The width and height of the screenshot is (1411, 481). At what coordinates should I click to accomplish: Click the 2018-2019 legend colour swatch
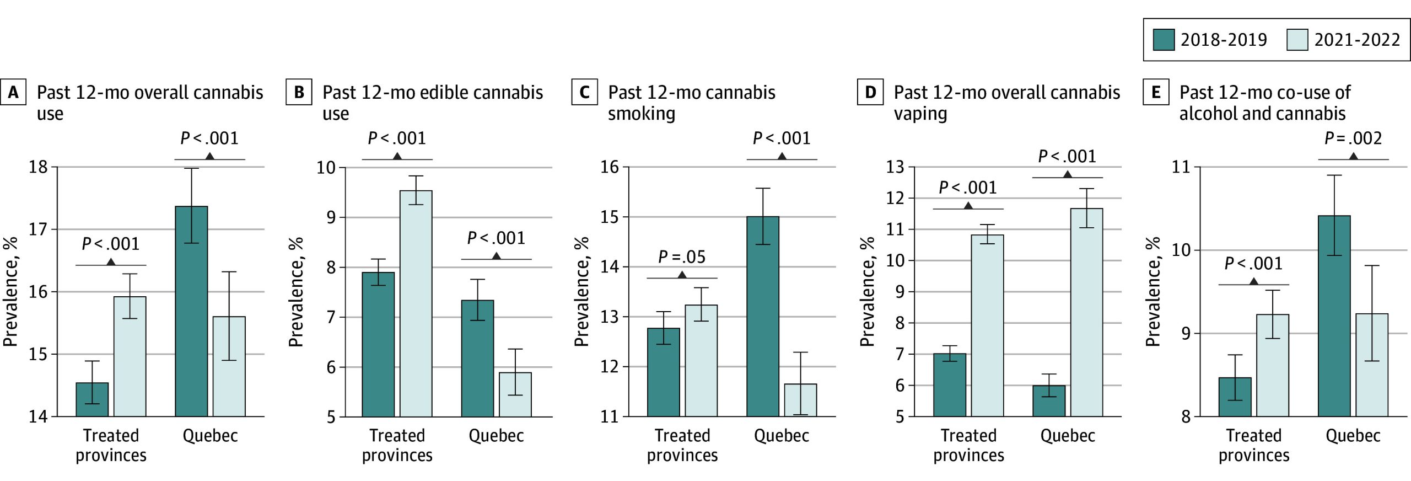click(x=1164, y=40)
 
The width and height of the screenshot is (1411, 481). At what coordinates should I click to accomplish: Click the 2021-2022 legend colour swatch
click(x=1297, y=40)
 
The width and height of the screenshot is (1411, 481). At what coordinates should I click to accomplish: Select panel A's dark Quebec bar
click(x=191, y=311)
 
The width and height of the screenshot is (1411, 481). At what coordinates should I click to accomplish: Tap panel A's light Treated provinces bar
click(x=130, y=356)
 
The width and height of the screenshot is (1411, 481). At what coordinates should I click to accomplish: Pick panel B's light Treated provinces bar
click(x=416, y=303)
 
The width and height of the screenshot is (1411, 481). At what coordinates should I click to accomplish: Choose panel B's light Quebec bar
click(x=515, y=394)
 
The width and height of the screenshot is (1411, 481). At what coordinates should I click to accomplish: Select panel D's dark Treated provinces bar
click(x=949, y=385)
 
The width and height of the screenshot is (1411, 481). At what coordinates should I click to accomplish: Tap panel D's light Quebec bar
click(x=1086, y=312)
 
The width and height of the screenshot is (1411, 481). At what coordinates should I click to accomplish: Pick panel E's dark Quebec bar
click(x=1334, y=316)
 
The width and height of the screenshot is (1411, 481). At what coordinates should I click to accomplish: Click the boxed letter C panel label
click(x=584, y=92)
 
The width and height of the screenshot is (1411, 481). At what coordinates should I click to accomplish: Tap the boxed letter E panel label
click(x=1156, y=92)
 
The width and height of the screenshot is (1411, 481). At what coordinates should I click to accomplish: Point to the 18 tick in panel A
click(x=38, y=167)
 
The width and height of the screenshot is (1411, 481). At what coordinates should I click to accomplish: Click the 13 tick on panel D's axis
click(x=895, y=167)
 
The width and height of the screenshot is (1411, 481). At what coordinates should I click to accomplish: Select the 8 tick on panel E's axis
click(x=1186, y=416)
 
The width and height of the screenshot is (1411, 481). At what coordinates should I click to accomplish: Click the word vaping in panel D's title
click(x=920, y=114)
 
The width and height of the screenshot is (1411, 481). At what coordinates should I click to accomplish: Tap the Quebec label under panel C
click(x=781, y=436)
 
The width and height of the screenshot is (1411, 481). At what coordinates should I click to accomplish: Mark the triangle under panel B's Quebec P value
click(x=496, y=256)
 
